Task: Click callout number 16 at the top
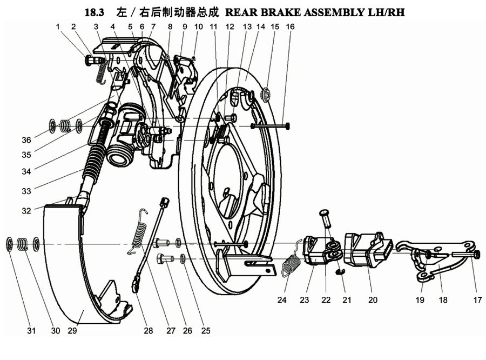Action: tap(290, 26)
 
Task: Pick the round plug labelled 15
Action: tap(265, 96)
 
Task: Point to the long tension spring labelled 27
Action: tap(138, 230)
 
